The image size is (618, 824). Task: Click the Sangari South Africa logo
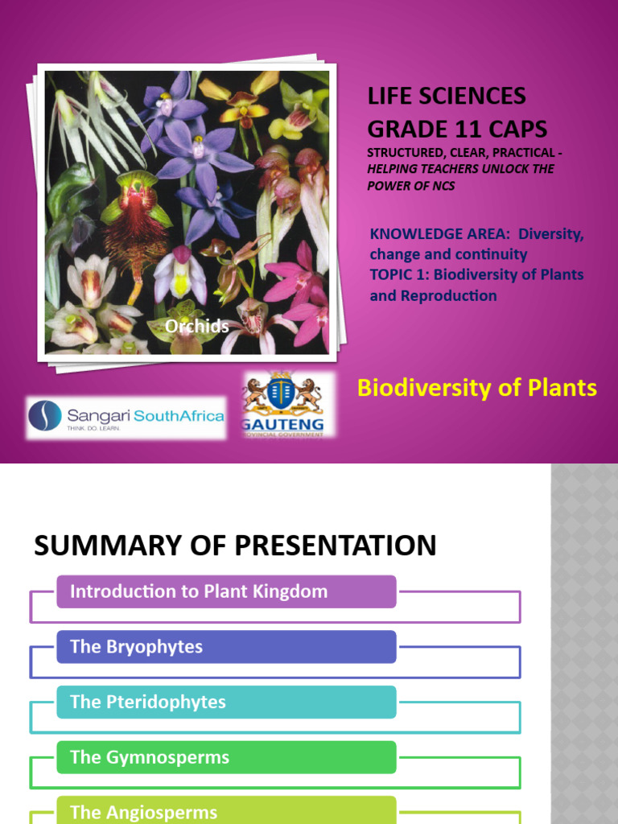[126, 417]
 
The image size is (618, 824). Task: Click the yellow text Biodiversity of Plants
[476, 388]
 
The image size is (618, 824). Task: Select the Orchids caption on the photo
[197, 326]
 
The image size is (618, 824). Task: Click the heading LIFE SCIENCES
[447, 96]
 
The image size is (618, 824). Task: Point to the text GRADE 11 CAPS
[457, 128]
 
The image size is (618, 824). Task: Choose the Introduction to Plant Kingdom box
[226, 591]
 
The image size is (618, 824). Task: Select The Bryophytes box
[226, 647]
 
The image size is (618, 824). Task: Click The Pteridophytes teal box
[226, 702]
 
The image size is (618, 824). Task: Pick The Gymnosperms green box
[226, 757]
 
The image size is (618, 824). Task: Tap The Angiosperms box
[226, 811]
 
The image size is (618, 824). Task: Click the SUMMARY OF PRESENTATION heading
[235, 546]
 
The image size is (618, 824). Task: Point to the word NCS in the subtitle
[443, 185]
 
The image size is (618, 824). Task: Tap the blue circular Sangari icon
[44, 416]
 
